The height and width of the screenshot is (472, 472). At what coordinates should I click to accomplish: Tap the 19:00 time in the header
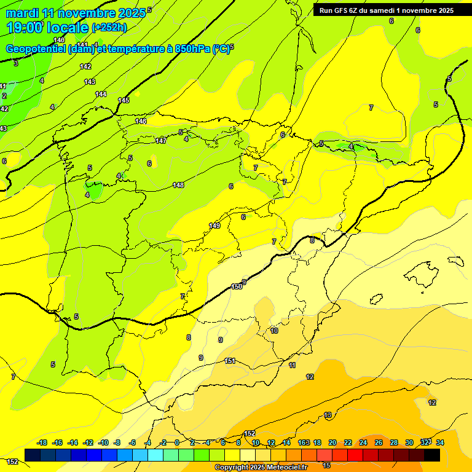pyautogui.click(x=24, y=27)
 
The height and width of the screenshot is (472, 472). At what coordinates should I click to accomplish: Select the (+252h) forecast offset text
pyautogui.click(x=109, y=27)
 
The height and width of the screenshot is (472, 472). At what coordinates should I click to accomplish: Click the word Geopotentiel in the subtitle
pyautogui.click(x=37, y=49)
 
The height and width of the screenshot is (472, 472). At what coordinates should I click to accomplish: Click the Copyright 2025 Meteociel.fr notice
pyautogui.click(x=261, y=467)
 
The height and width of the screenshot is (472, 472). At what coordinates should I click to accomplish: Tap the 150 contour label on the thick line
pyautogui.click(x=237, y=286)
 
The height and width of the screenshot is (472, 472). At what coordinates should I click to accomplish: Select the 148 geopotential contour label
pyautogui.click(x=178, y=185)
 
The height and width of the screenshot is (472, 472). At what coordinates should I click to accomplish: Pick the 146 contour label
pyautogui.click(x=141, y=121)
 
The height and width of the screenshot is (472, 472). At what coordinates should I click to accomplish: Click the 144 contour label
pyautogui.click(x=101, y=94)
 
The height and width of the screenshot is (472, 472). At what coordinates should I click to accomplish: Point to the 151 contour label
pyautogui.click(x=230, y=361)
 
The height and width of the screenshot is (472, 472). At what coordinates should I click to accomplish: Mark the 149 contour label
pyautogui.click(x=214, y=226)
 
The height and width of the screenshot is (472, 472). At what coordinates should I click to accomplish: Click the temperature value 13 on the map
pyautogui.click(x=328, y=415)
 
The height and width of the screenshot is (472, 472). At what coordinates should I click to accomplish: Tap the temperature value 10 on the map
pyautogui.click(x=274, y=331)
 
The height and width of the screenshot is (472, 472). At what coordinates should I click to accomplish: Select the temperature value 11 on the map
pyautogui.click(x=292, y=365)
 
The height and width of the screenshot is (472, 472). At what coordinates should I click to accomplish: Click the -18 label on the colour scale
pyautogui.click(x=42, y=442)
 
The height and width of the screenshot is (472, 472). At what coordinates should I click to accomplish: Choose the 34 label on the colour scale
pyautogui.click(x=440, y=442)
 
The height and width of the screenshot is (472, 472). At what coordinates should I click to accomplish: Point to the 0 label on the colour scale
pyautogui.click(x=176, y=442)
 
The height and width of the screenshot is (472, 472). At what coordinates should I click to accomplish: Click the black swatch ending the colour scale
pyautogui.click(x=432, y=455)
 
